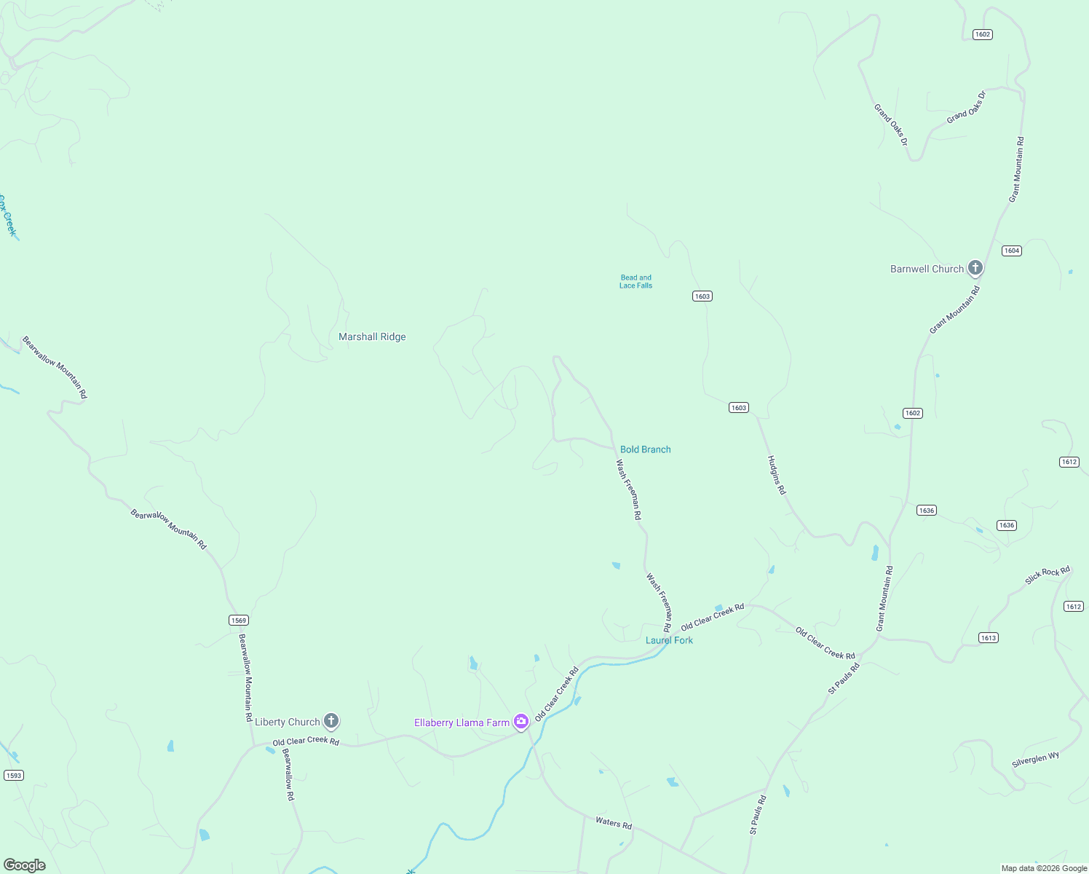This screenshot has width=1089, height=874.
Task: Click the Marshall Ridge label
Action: (372, 336)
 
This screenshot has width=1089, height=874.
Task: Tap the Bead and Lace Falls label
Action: (635, 282)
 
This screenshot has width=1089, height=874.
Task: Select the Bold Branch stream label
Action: (645, 449)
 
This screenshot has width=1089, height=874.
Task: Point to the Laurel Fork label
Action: (669, 640)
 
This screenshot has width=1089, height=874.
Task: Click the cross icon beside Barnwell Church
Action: (975, 268)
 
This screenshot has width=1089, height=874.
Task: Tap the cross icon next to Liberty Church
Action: (330, 721)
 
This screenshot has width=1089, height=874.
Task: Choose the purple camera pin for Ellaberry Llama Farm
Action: (520, 722)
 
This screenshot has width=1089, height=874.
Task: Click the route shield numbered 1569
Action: (239, 621)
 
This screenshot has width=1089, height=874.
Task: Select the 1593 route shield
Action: (14, 775)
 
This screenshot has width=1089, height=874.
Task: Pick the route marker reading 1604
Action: (1011, 251)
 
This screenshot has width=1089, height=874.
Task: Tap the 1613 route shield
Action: (988, 638)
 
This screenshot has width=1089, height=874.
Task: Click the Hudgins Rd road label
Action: (777, 475)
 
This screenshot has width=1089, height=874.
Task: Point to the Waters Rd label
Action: (614, 823)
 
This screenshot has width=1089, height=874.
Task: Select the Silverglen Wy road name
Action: (1035, 760)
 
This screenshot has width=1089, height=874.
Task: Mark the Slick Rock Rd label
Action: (1047, 575)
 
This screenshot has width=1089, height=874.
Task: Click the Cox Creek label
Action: (7, 216)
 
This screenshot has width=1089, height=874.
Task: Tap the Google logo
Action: (25, 865)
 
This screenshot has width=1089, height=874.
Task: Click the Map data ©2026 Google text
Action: (1044, 868)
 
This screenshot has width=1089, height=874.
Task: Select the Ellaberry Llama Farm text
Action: (462, 723)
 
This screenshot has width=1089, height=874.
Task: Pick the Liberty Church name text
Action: (287, 722)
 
